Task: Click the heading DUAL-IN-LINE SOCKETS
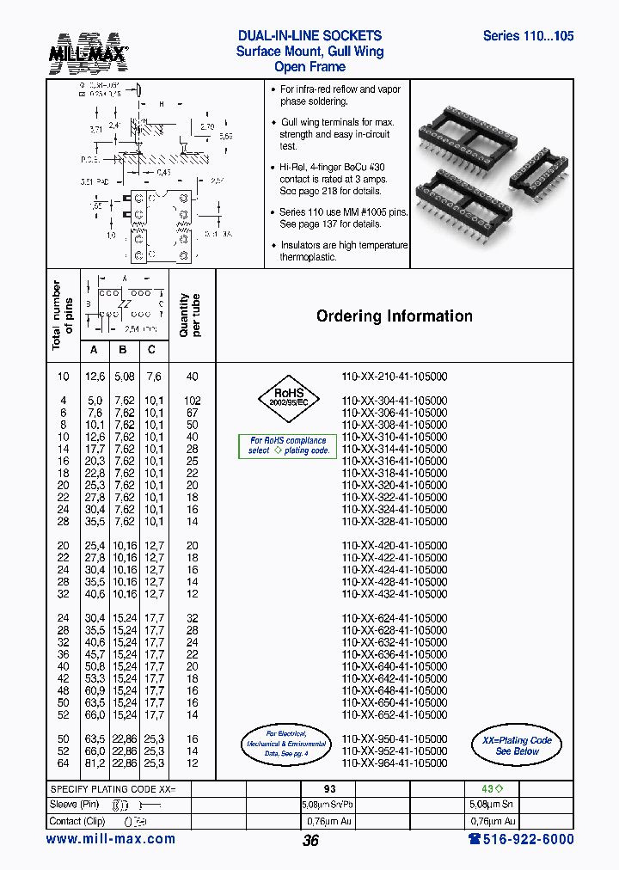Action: point(309,36)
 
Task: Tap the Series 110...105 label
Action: point(528,36)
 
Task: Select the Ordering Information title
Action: point(395,316)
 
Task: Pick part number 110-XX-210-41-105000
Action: point(395,377)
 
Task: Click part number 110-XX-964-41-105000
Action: point(395,763)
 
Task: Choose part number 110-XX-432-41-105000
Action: point(395,594)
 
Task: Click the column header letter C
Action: point(152,349)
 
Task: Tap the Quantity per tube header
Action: point(190,316)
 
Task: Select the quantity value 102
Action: point(192,401)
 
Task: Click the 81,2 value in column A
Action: point(95,763)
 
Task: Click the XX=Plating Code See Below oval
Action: point(517,745)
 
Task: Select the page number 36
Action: point(310,841)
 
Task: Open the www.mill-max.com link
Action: point(110,839)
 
